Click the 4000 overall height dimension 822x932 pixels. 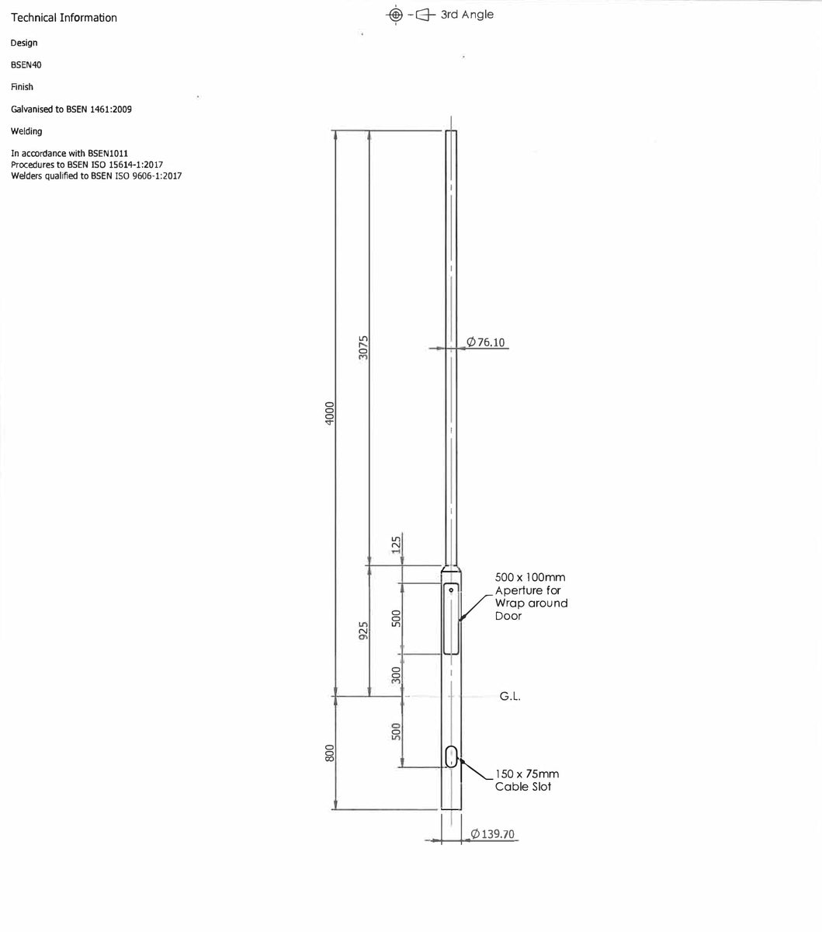[330, 413]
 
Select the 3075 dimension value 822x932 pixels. [363, 347]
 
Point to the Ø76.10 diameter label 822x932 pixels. [485, 343]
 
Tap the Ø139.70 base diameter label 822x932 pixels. [492, 834]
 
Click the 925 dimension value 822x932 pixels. [363, 630]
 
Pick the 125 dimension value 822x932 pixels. [396, 544]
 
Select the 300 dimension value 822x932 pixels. [396, 675]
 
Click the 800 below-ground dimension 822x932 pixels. [330, 753]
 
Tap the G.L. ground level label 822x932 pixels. [510, 696]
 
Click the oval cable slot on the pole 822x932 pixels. [452, 756]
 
